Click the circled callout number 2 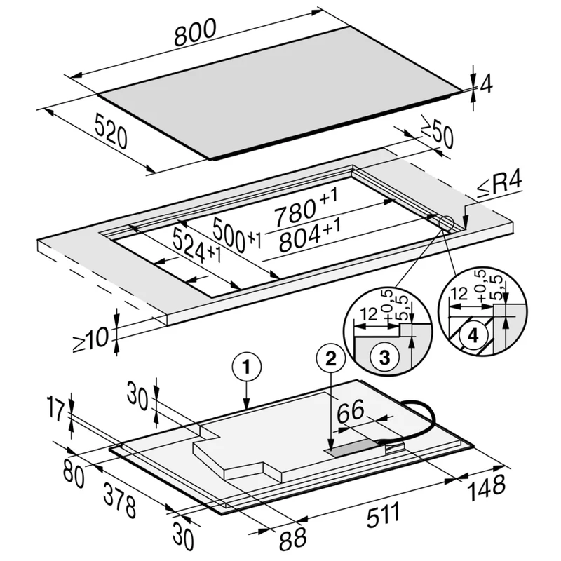330,358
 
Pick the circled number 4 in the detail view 473,337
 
